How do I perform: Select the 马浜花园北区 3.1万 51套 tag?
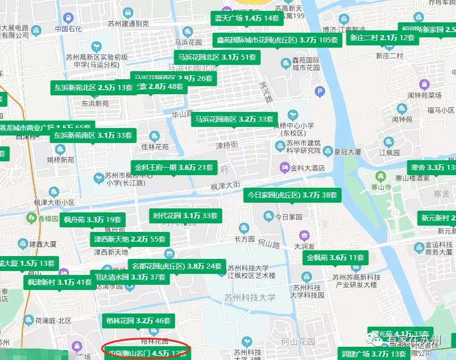tap(217, 57)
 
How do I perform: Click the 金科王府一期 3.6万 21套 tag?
tap(174, 168)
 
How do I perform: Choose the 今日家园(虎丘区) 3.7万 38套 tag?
tap(292, 195)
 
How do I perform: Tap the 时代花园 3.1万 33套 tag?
tap(186, 216)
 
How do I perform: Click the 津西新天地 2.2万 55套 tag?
tap(130, 239)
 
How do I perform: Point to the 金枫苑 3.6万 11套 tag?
tap(335, 258)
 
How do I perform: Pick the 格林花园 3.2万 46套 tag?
tap(138, 320)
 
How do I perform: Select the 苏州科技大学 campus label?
tap(250, 297)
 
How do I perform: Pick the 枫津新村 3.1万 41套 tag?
tap(60, 282)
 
